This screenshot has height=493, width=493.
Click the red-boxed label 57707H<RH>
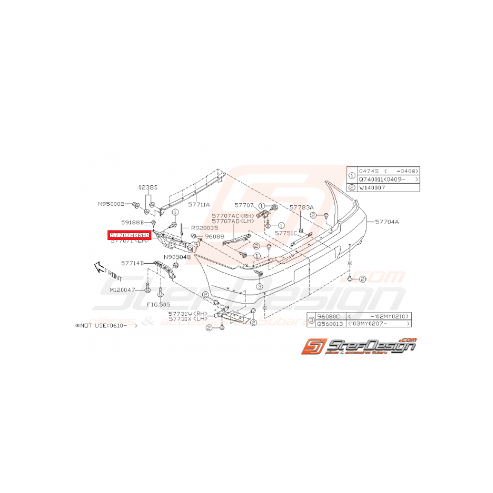click(130, 235)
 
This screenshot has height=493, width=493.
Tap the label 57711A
click(200, 204)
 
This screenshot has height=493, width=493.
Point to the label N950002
click(111, 203)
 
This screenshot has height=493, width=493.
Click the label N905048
click(176, 257)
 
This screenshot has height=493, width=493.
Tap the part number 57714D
click(132, 263)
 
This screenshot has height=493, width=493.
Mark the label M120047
click(123, 290)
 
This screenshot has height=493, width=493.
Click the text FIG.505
click(159, 304)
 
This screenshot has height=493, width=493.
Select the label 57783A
click(301, 207)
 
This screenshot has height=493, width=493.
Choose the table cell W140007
click(373, 187)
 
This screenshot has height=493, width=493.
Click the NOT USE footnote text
click(106, 326)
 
